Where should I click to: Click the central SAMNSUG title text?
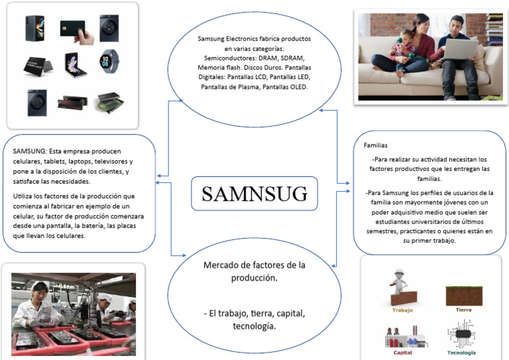(254, 194)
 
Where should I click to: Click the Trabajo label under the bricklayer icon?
(402, 310)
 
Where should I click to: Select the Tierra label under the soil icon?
(464, 310)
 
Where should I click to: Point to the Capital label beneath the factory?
(402, 353)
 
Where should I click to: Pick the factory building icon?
(402, 336)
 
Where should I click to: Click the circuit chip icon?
(461, 335)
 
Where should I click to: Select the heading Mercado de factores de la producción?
(254, 271)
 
